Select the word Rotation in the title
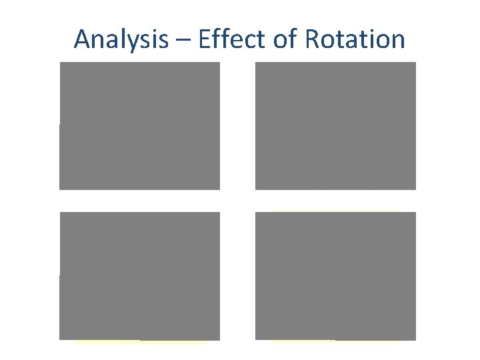(x=355, y=39)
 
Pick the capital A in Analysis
(x=82, y=39)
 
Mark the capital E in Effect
(x=203, y=39)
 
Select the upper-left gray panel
(x=139, y=126)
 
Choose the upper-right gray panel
(x=335, y=126)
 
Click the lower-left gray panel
(x=139, y=276)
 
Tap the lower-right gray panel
(x=335, y=276)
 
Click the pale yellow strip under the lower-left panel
(x=140, y=342)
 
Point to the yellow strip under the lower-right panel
(x=335, y=342)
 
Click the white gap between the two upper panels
(x=237, y=126)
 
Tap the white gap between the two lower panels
(x=237, y=276)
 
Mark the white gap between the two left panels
(x=139, y=201)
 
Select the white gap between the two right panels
(x=335, y=201)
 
